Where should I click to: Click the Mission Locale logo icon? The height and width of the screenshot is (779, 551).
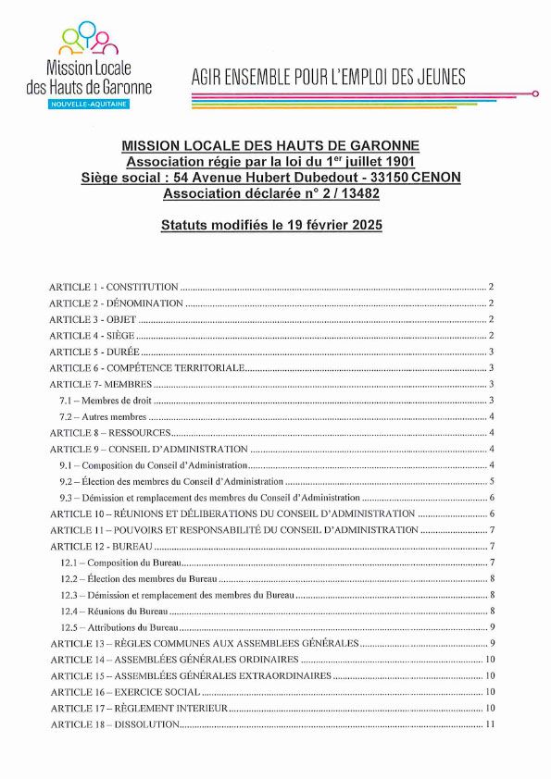pos(89,39)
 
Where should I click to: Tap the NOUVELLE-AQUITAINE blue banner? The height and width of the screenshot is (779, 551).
pos(90,105)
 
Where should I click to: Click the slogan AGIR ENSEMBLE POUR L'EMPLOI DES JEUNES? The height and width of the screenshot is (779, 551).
pos(329,77)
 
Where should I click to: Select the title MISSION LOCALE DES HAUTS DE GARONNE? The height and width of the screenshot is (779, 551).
pos(270,146)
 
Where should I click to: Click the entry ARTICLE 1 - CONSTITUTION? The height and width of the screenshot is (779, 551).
pos(114,288)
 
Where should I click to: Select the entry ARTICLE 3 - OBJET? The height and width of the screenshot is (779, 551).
pos(93,320)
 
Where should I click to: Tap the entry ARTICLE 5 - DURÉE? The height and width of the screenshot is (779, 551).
pos(94,352)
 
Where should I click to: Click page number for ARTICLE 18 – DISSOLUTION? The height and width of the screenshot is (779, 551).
pos(491,724)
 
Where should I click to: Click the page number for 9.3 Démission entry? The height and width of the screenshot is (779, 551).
pos(491,498)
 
